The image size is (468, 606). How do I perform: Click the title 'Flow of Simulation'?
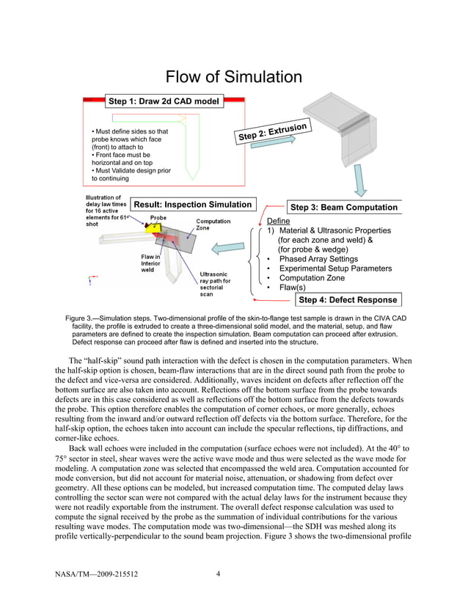(233, 76)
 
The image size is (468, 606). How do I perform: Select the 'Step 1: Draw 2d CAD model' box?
(164, 101)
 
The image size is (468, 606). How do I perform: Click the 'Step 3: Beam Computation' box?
(344, 208)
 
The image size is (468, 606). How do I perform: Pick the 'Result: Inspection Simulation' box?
(193, 205)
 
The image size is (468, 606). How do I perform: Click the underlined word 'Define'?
(278, 221)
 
